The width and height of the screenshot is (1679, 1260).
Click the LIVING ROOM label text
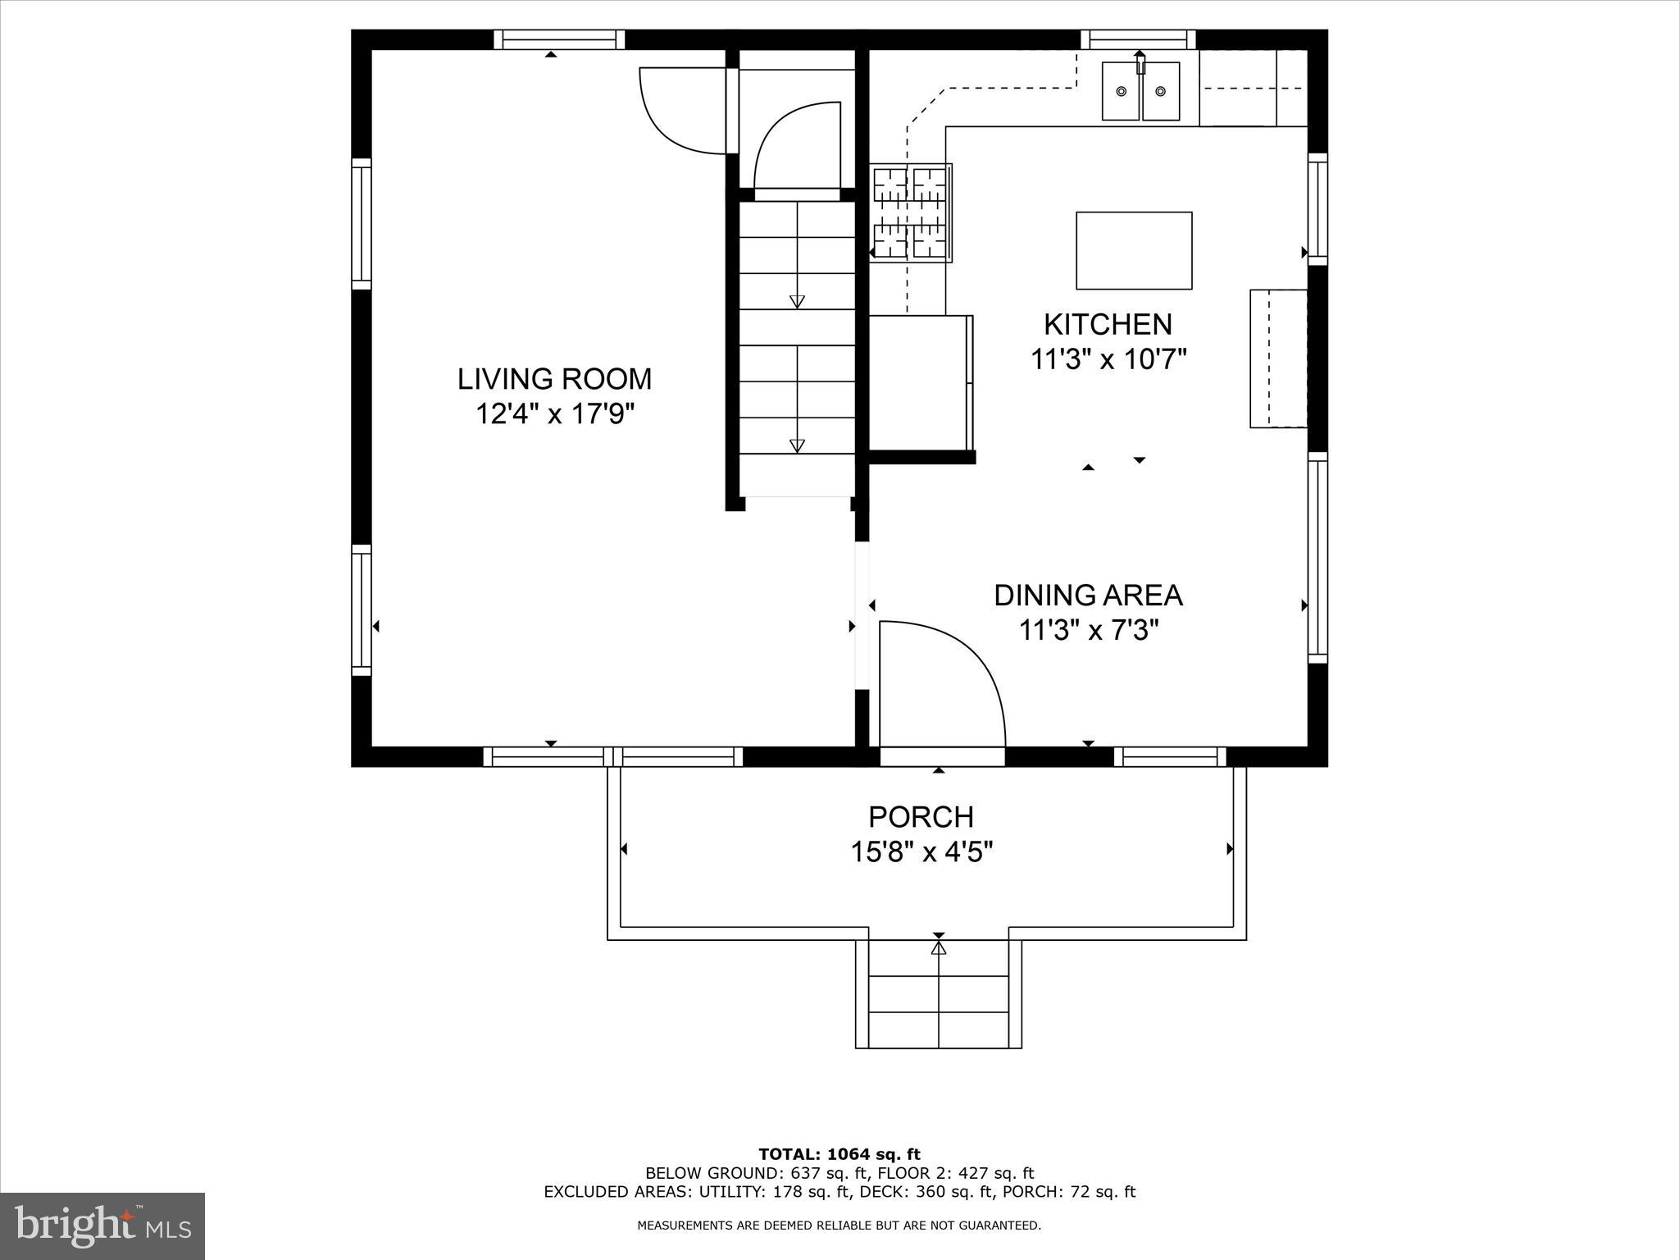tap(554, 379)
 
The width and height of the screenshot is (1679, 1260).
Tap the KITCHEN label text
tap(1108, 325)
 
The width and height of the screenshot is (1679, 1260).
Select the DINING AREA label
tap(1088, 596)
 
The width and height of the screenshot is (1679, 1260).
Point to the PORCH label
tap(921, 817)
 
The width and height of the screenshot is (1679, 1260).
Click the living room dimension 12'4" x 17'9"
tap(555, 414)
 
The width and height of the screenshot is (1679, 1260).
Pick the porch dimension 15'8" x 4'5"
tap(921, 852)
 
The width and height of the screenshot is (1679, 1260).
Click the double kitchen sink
tap(1140, 91)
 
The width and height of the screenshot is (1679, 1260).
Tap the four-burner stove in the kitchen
tap(910, 212)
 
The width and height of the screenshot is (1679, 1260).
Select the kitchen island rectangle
tap(1133, 250)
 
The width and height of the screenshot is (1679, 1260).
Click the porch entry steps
tap(938, 994)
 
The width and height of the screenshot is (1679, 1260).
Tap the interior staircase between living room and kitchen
tap(797, 345)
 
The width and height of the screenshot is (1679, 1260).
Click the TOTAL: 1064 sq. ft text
tap(839, 1154)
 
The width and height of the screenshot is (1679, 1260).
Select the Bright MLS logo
tap(102, 1226)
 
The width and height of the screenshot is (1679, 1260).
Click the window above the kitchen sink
tap(1138, 39)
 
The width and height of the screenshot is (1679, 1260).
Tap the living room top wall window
tap(559, 39)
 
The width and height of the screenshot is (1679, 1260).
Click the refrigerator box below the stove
tap(920, 382)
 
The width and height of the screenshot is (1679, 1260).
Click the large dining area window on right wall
tap(1317, 558)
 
